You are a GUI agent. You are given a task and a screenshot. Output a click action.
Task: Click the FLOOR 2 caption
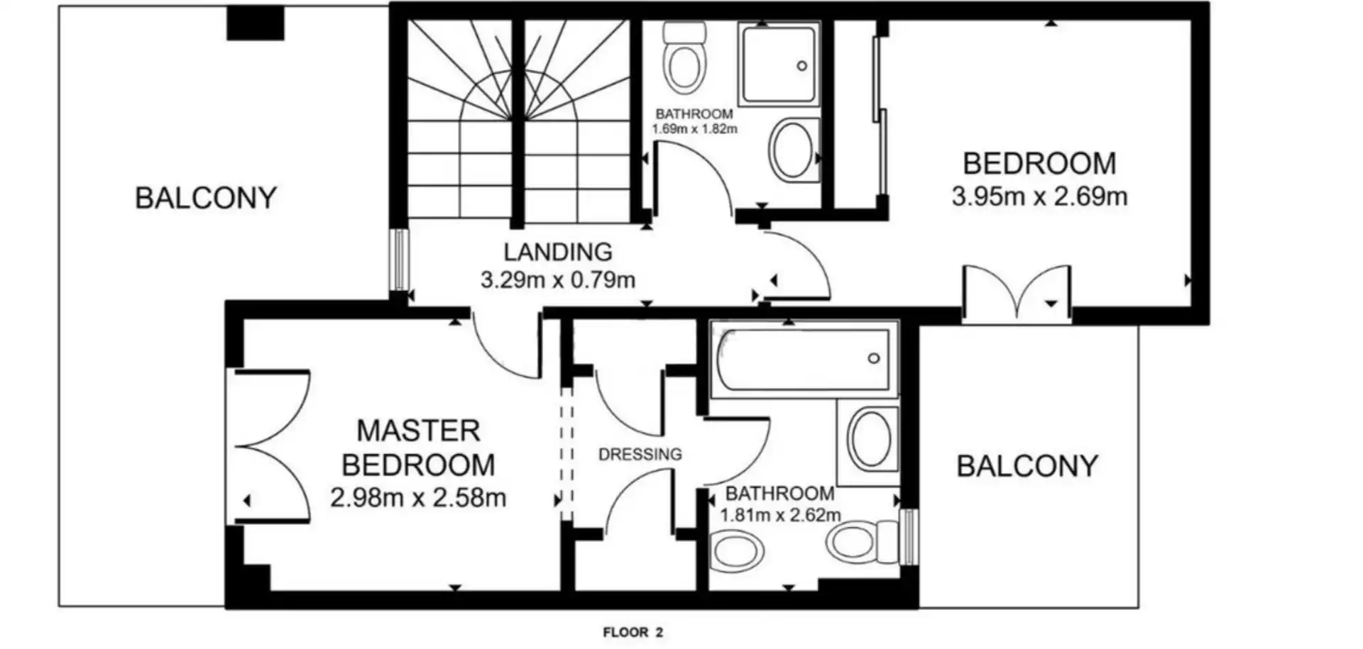pos(633,632)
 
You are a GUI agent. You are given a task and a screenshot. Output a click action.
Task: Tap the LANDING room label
pos(558,252)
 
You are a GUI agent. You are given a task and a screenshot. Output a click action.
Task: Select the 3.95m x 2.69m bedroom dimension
pos(1039,196)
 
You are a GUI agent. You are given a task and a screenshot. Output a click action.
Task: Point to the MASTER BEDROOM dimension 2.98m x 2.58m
pos(418,497)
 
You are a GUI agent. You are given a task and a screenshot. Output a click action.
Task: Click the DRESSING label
pos(640,454)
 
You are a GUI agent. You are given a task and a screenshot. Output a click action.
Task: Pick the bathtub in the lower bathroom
pos(802,359)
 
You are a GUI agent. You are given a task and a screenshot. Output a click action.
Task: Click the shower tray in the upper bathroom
pos(779,65)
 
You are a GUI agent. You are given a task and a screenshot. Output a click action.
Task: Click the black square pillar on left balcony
pos(256,23)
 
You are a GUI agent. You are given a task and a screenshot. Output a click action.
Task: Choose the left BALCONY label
pos(206,198)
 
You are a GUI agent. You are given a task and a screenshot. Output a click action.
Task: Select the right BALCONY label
pos(1027,466)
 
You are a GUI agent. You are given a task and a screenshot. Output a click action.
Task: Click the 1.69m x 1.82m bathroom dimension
pos(695,129)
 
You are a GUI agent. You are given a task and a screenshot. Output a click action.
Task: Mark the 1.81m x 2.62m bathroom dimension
pos(780,515)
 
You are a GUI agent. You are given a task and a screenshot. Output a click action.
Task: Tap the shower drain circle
pos(802,66)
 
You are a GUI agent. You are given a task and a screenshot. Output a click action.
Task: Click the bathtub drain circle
pos(874,358)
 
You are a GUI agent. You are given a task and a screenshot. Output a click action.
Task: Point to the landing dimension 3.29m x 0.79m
pos(558,280)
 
